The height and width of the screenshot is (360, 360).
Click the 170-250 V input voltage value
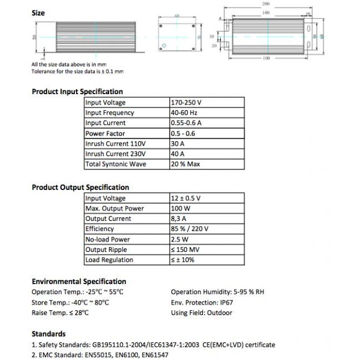pyautogui.click(x=187, y=102)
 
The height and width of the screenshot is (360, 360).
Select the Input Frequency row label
pyautogui.click(x=110, y=113)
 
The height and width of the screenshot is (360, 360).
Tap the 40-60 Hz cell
pyautogui.click(x=184, y=113)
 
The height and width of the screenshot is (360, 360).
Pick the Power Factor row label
pyautogui.click(x=105, y=133)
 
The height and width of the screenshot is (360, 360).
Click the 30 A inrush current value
pyautogui.click(x=178, y=144)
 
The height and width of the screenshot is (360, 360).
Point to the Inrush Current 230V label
pyautogui.click(x=116, y=154)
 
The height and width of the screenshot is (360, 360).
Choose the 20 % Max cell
pyautogui.click(x=186, y=164)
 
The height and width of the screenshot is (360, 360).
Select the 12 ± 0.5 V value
pyautogui.click(x=186, y=198)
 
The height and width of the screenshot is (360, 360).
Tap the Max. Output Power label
pyautogui.click(x=115, y=208)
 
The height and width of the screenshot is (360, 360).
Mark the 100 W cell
pyautogui.click(x=180, y=208)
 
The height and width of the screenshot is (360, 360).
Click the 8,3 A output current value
pyautogui.click(x=179, y=219)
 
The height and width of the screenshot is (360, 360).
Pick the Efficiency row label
pyautogui.click(x=100, y=229)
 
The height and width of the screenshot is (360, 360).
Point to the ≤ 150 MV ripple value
pyautogui.click(x=186, y=250)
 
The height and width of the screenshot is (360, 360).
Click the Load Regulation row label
pyautogui.click(x=109, y=260)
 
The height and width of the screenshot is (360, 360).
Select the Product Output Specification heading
pyautogui.click(x=80, y=187)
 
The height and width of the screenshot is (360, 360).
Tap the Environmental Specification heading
pyautogui.click(x=79, y=281)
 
